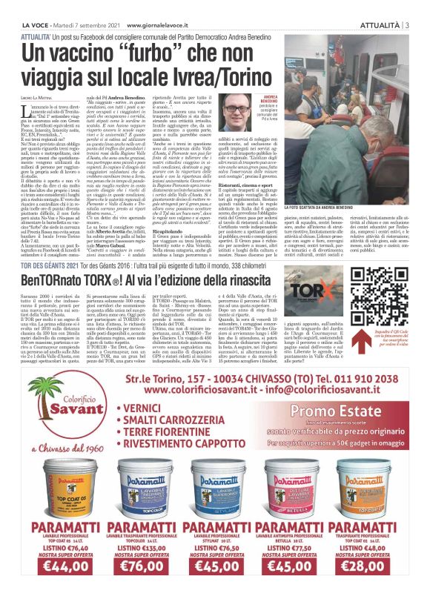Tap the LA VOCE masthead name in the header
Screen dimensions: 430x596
[x=24, y=9]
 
